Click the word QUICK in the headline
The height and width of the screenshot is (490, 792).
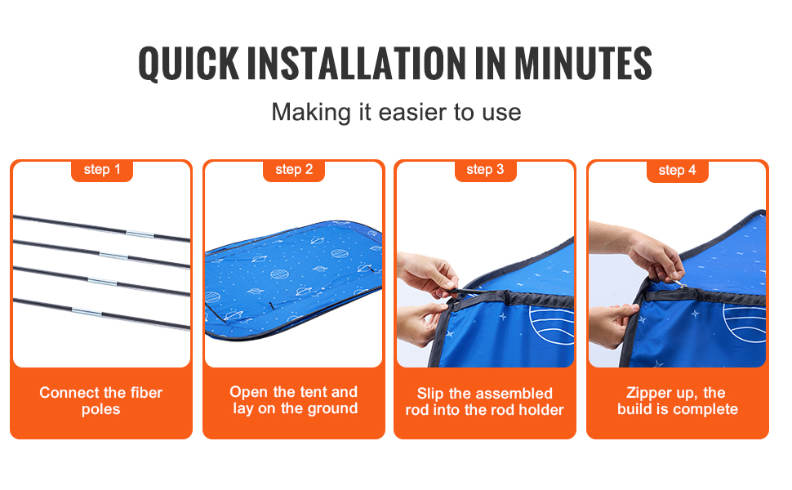(189, 64)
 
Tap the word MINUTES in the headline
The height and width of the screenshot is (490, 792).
(584, 64)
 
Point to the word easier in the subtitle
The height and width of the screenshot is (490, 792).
(412, 112)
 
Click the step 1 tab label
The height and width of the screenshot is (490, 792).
(102, 170)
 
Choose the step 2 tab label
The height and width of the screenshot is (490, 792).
(294, 170)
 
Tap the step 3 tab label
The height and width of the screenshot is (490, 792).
(485, 170)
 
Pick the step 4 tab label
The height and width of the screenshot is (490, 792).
(678, 170)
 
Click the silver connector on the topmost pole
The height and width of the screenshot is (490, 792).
(140, 234)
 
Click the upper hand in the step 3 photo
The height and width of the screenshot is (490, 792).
(427, 275)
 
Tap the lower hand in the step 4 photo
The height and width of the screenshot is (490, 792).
(612, 325)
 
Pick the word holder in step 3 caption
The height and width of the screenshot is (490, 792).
(541, 410)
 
